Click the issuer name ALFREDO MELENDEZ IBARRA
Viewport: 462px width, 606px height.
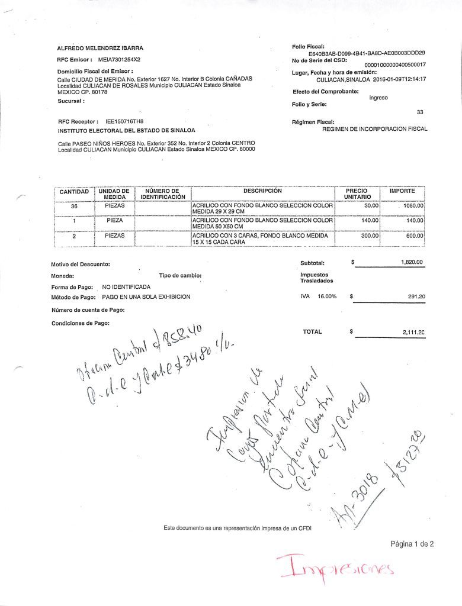100,48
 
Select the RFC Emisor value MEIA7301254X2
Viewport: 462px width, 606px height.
119,60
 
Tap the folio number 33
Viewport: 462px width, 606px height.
420,112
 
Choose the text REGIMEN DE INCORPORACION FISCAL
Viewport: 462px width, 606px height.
374,128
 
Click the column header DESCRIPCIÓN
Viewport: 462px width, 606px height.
262,191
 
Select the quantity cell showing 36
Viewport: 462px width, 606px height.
75,206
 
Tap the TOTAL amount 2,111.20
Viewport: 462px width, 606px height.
413,333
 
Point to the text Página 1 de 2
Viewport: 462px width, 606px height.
412,544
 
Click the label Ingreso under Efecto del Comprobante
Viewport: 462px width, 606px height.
378,98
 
